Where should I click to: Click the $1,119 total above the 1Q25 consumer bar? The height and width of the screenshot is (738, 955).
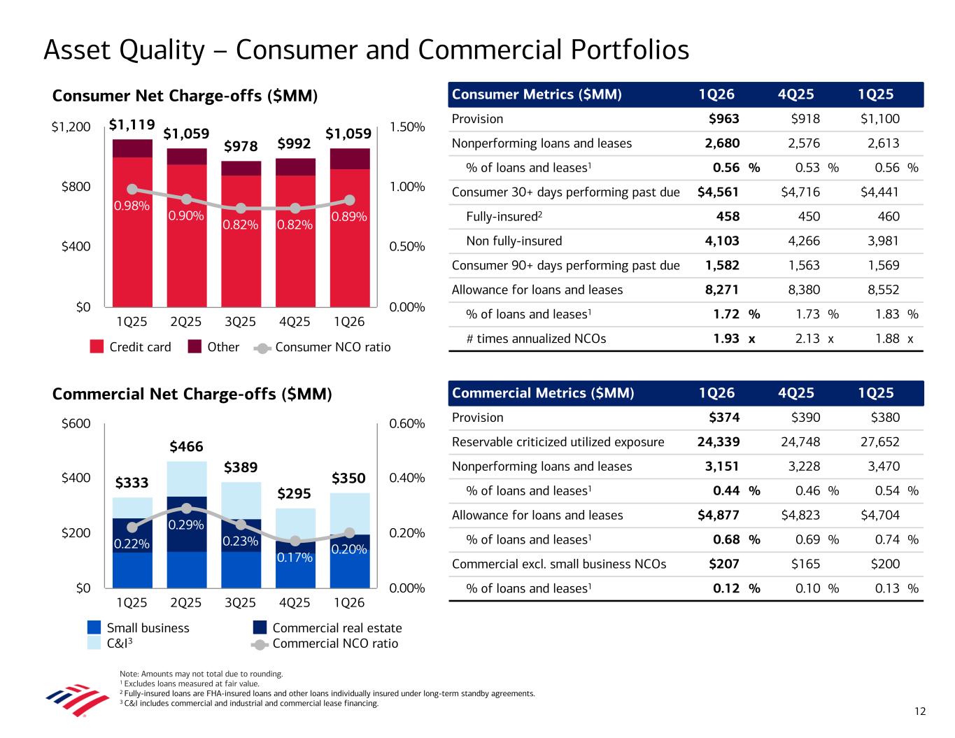[x=132, y=125]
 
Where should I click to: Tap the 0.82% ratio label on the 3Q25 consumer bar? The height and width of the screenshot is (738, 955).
[x=240, y=225]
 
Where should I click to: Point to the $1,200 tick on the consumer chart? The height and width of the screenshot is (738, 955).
[x=71, y=127]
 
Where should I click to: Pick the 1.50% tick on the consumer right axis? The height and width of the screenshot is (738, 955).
[x=406, y=127]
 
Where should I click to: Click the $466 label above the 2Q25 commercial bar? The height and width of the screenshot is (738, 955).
[x=186, y=446]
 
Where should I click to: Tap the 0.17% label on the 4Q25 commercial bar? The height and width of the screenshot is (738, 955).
[x=295, y=558]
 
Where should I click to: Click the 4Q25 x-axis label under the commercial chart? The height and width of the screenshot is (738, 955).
[x=295, y=602]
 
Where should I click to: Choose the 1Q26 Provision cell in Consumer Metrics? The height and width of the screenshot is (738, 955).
[x=723, y=119]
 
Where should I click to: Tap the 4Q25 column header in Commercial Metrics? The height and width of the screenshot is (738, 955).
[x=796, y=393]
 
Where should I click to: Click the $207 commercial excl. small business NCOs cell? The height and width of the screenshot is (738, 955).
[x=724, y=564]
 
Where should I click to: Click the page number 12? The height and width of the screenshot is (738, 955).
[x=919, y=711]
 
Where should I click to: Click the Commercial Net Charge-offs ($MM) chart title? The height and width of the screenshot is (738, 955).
[x=192, y=395]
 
